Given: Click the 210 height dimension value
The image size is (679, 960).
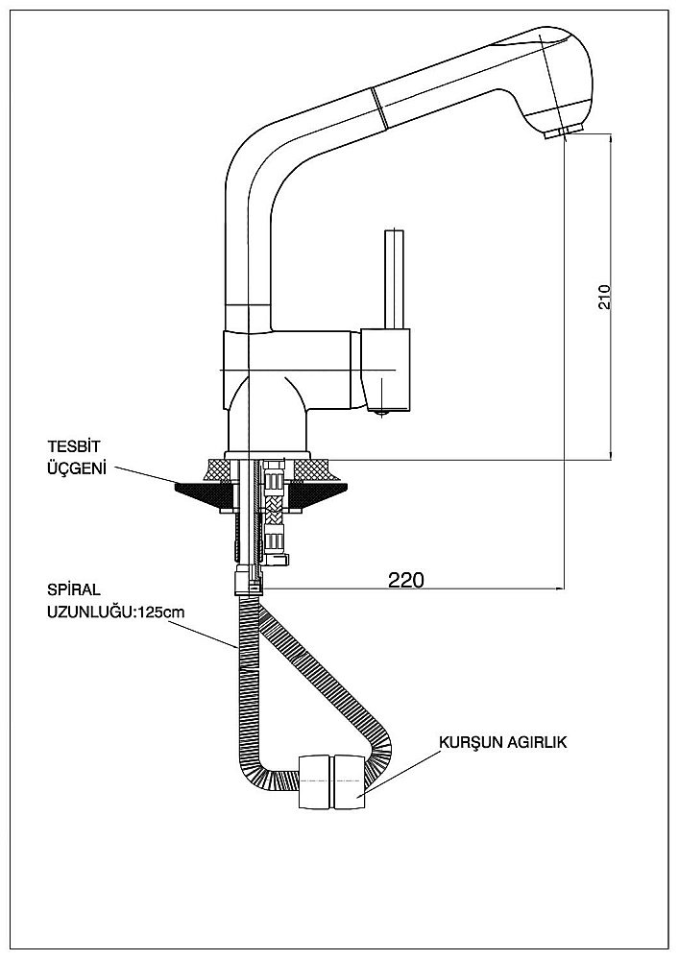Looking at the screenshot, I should (604, 296).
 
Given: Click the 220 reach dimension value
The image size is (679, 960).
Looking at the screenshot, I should (406, 579).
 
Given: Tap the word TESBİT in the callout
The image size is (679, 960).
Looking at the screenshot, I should (74, 446).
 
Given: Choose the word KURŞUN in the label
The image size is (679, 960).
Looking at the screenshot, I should (467, 742).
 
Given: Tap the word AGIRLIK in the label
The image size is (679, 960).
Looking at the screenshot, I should (538, 742).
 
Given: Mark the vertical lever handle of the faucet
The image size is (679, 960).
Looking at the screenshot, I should (394, 278).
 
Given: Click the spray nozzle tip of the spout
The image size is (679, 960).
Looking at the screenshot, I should (561, 132).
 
